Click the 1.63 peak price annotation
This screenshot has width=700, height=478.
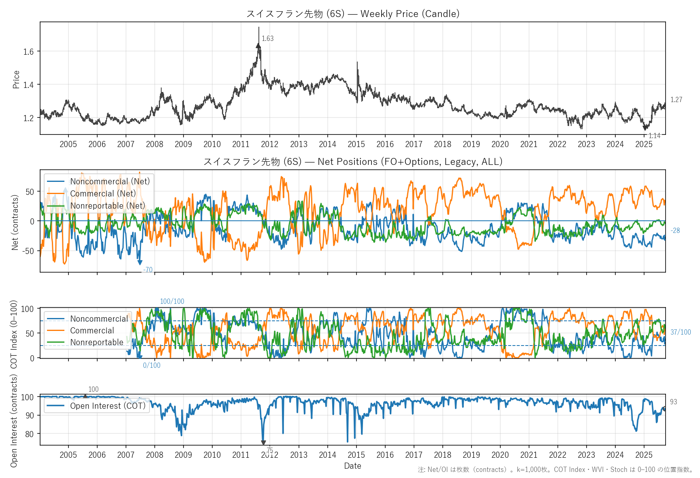(267, 38)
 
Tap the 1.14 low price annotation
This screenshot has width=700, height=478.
(654, 136)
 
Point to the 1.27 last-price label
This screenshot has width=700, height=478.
(676, 100)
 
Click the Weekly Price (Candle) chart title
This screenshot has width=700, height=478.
(353, 14)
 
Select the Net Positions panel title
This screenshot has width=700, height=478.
(353, 162)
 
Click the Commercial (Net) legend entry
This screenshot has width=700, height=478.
(103, 194)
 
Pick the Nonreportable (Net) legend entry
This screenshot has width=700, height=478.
(107, 206)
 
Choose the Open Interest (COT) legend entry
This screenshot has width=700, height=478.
(107, 406)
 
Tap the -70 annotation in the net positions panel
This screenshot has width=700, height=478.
(148, 270)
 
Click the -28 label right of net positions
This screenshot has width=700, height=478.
(675, 230)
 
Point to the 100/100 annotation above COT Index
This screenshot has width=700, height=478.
(172, 301)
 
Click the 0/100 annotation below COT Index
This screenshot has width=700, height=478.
(152, 365)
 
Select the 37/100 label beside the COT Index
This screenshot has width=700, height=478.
(681, 332)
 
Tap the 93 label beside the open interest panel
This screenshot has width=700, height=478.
(673, 402)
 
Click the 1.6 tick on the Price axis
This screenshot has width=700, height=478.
(29, 51)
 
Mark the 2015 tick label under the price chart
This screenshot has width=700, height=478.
(356, 144)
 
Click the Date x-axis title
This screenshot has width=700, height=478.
(352, 466)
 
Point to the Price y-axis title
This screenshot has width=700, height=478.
(16, 79)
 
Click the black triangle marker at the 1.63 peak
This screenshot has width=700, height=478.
(258, 46)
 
